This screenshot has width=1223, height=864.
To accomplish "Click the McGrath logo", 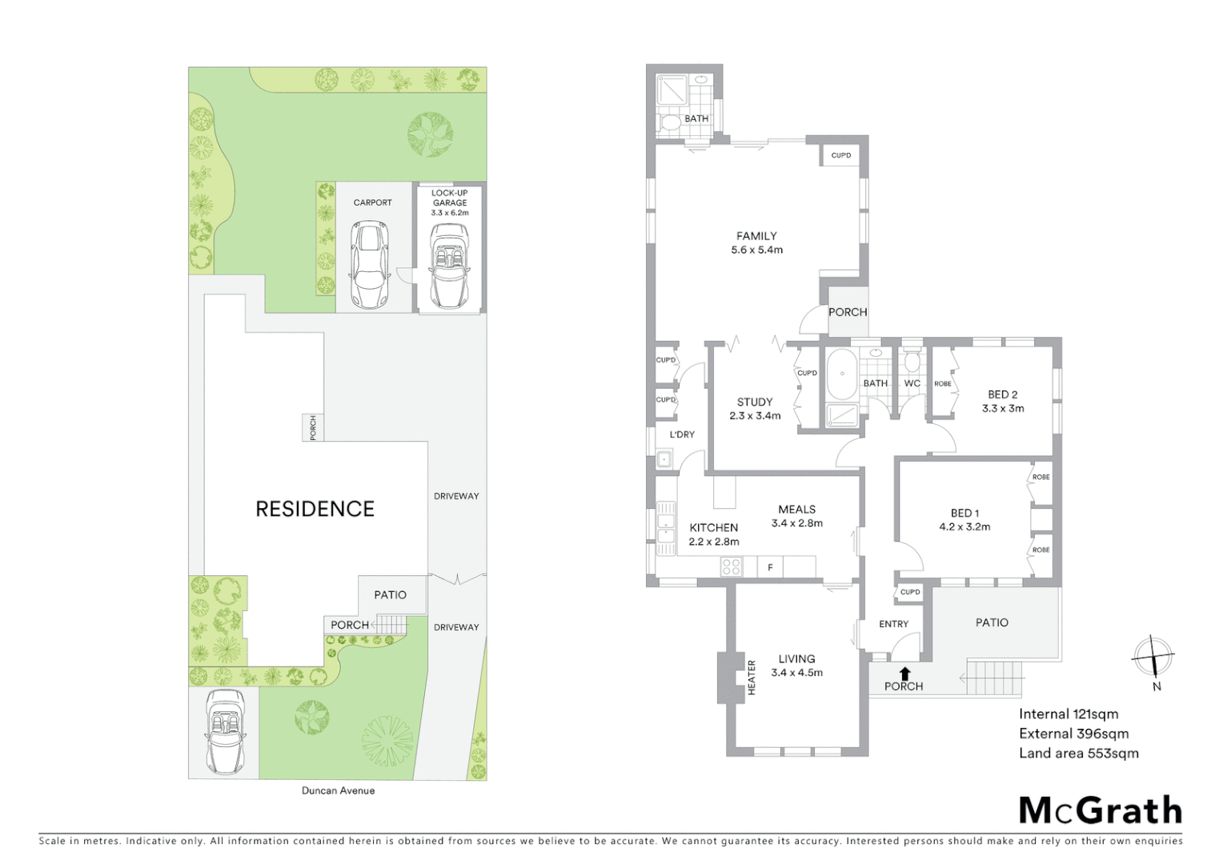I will point(1100,810).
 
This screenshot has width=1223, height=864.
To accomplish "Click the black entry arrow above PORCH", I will point(904,674).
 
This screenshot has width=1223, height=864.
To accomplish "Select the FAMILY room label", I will point(756,236).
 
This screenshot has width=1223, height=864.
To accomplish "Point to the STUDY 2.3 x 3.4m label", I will point(755,409).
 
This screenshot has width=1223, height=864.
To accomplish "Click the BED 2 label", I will point(1002,394).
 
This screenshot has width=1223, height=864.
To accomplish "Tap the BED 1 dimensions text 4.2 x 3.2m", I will point(964,527).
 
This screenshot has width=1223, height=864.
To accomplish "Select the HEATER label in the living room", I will point(752,676).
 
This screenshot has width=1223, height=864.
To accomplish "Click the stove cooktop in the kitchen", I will point(732,567).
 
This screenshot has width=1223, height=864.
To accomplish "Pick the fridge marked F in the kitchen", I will point(770,567).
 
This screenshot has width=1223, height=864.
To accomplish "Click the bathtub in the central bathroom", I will point(840,374).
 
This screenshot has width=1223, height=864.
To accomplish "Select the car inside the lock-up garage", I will point(449,264).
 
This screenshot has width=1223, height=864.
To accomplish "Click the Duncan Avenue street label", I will point(338,790).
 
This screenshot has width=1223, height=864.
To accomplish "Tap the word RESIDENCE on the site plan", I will point(315,509).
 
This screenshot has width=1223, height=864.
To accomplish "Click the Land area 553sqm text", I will point(1078,753).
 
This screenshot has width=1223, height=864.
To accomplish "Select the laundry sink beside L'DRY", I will point(663,459).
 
